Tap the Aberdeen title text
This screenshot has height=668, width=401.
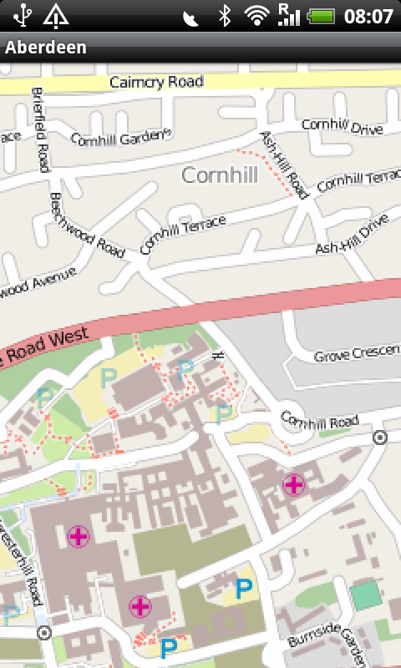pyautogui.click(x=46, y=48)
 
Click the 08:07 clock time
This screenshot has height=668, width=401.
pyautogui.click(x=368, y=16)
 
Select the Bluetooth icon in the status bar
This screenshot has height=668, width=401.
pyautogui.click(x=224, y=15)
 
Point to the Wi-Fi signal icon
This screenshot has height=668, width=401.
pyautogui.click(x=258, y=15)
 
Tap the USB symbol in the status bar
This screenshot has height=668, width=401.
pyautogui.click(x=21, y=15)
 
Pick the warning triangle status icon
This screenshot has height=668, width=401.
pyautogui.click(x=55, y=15)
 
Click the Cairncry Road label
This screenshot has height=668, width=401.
pyautogui.click(x=156, y=82)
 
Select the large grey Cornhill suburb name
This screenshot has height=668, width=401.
pyautogui.click(x=220, y=175)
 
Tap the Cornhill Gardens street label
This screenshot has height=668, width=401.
pyautogui.click(x=120, y=139)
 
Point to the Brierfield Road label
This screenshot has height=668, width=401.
pyautogui.click(x=40, y=129)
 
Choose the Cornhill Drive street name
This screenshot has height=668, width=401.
pyautogui.click(x=342, y=124)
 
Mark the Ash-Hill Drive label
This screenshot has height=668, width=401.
pyautogui.click(x=352, y=236)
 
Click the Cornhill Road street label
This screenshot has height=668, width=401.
pyautogui.click(x=319, y=420)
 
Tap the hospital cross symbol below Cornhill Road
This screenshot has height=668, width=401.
pyautogui.click(x=293, y=483)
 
